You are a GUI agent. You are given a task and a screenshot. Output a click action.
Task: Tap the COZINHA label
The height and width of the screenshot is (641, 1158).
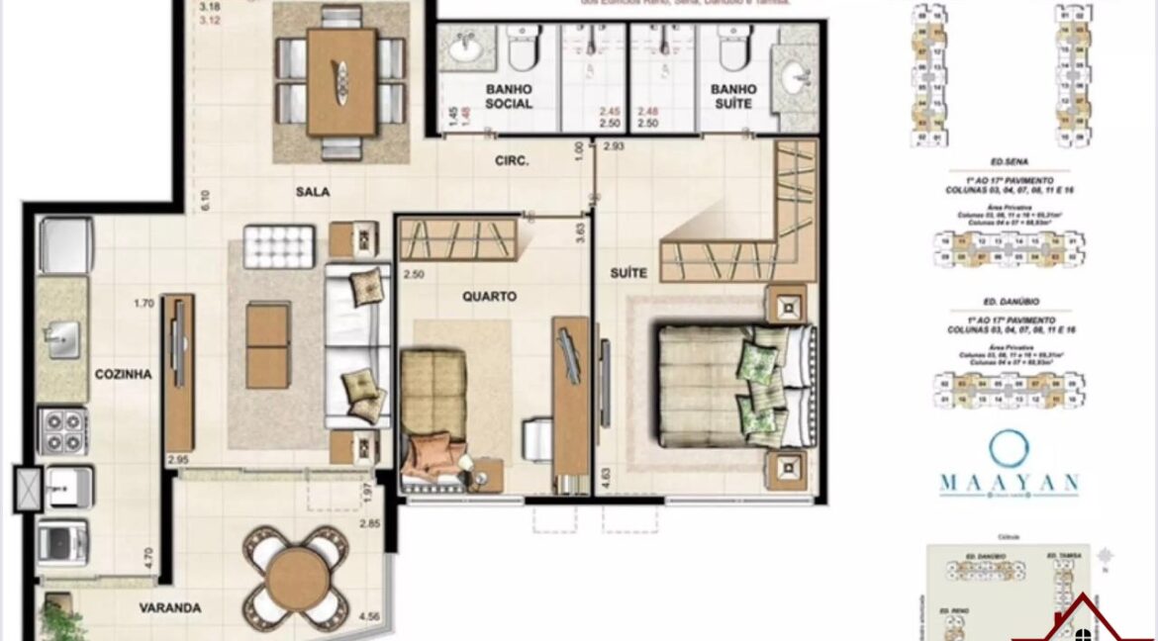pos(123,374)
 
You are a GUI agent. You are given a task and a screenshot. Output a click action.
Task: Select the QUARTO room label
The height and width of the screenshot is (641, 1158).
pos(489,296)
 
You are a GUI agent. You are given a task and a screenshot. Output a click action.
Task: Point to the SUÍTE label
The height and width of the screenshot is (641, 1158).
pos(628,272)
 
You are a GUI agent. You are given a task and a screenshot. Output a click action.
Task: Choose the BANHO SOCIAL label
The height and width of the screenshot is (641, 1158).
pos(509,96)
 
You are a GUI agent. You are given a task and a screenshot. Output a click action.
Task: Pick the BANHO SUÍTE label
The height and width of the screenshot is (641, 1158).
pos(732,96)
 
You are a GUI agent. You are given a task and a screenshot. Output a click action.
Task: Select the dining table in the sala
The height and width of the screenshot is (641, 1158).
pos(341,80)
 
